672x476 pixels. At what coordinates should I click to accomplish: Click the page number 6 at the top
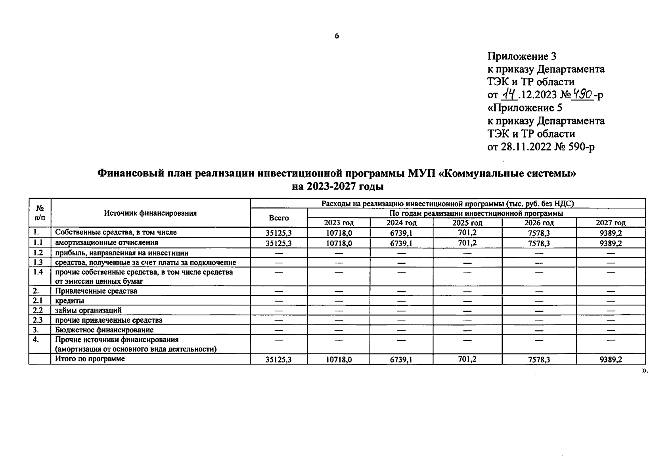coord(337,36)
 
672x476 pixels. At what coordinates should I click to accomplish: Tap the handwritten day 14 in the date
coord(510,94)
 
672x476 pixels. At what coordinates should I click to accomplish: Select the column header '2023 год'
coord(339,223)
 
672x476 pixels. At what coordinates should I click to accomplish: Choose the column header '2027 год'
coord(611,223)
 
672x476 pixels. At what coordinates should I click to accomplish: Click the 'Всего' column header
coord(279,218)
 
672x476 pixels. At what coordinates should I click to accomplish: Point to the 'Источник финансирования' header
coord(150,213)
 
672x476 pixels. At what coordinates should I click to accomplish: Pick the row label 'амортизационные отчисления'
coord(106,243)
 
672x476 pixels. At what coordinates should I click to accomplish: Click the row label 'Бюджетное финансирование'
coord(104,330)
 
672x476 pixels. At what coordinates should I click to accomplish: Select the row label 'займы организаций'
coord(88,311)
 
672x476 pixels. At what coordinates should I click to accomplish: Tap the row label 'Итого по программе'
coord(90,359)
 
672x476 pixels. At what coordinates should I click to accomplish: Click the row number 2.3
coord(38,320)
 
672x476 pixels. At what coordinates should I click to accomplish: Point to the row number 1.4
coord(38,272)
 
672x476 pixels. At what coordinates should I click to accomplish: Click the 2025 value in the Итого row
coord(467,359)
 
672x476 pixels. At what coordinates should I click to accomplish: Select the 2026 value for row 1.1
coord(539,243)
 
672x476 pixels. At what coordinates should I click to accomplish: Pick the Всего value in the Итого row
coord(279,360)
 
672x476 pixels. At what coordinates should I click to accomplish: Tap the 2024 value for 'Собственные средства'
coord(401,233)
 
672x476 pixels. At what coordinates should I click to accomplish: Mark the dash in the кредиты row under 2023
coord(339,301)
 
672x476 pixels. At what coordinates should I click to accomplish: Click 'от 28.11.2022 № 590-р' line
coord(541,147)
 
